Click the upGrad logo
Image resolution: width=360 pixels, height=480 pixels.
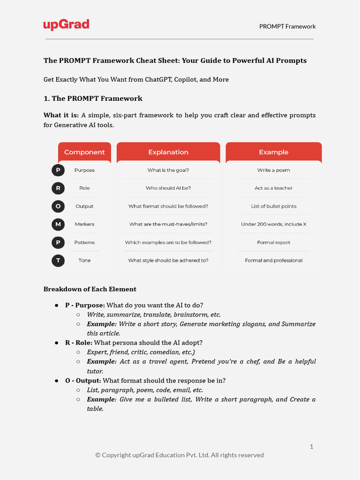(66, 25)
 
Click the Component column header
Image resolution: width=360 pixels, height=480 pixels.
(84, 152)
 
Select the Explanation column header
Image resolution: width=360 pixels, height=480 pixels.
(168, 152)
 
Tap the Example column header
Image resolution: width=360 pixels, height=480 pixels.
(274, 152)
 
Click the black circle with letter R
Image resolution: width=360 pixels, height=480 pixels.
(58, 188)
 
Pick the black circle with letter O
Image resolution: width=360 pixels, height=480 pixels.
(58, 206)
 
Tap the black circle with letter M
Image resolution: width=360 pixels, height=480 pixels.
(58, 224)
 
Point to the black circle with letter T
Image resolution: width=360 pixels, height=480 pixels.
(58, 260)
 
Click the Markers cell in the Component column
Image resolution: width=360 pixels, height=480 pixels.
(84, 224)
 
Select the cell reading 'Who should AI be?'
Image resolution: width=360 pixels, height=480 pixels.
(168, 188)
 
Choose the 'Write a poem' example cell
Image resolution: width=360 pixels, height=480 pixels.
(274, 170)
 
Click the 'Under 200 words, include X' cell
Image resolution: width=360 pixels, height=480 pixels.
(274, 224)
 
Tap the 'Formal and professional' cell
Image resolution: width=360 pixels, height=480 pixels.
(274, 260)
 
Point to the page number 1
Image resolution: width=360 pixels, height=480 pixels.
(311, 447)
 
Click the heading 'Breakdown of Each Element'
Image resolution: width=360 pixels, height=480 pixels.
(90, 289)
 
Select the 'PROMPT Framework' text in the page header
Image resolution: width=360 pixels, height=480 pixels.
(287, 26)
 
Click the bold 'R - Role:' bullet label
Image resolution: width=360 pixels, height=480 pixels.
(79, 343)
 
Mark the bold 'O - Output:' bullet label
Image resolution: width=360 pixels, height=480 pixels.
(83, 380)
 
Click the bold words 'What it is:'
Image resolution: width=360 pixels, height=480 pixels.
(61, 115)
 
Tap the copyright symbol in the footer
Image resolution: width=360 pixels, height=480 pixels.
(98, 455)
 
